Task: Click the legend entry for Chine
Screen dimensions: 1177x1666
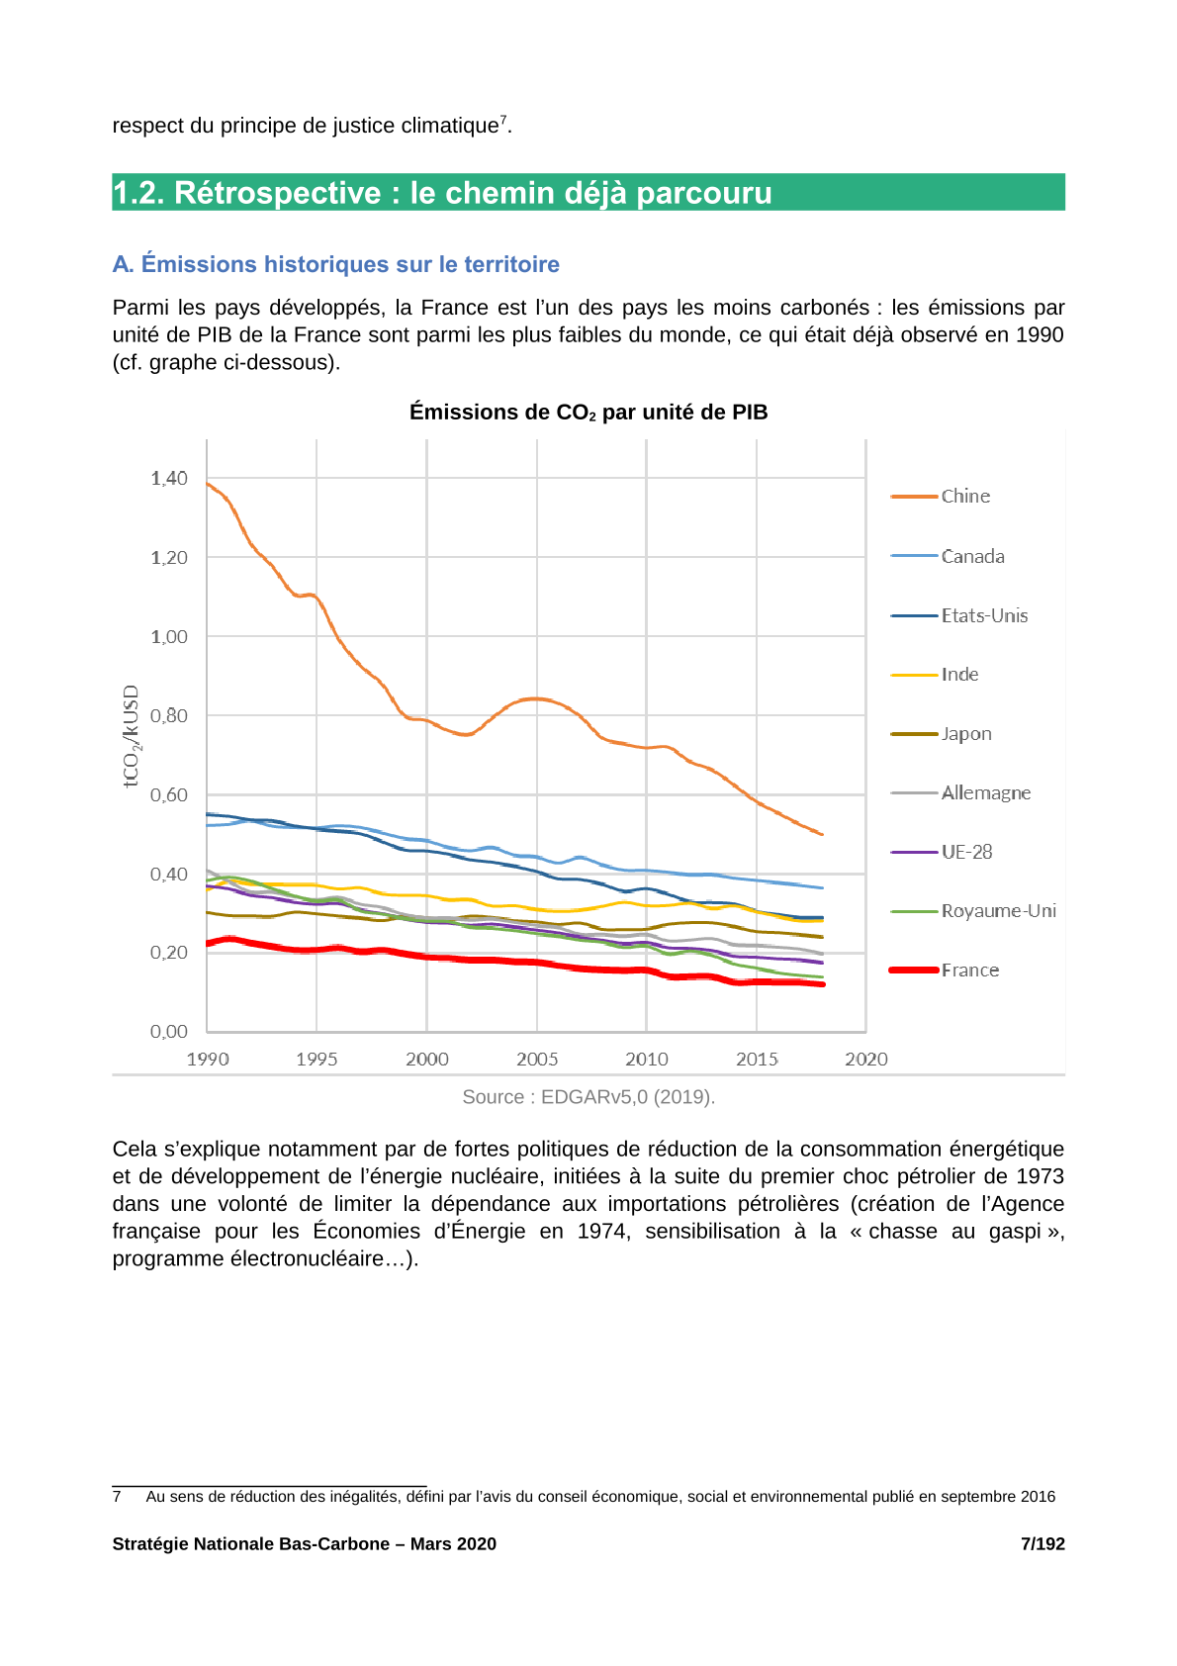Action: pyautogui.click(x=940, y=496)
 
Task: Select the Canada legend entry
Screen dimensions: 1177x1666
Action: pyautogui.click(x=948, y=556)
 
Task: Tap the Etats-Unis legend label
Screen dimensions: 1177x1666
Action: pyautogui.click(x=984, y=615)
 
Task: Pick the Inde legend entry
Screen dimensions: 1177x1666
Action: pyautogui.click(x=934, y=675)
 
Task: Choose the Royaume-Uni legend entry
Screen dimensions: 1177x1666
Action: pyautogui.click(x=972, y=911)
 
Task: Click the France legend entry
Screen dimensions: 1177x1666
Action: pyautogui.click(x=945, y=970)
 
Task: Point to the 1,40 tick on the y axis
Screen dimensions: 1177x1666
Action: pyautogui.click(x=169, y=478)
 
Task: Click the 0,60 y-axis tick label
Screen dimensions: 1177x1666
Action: pyautogui.click(x=169, y=795)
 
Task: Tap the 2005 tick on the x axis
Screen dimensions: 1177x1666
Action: pyautogui.click(x=537, y=1060)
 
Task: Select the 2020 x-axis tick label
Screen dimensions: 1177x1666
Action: pyautogui.click(x=866, y=1060)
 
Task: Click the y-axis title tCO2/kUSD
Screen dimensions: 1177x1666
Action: pyautogui.click(x=131, y=736)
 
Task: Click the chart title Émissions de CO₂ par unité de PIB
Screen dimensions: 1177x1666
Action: pyautogui.click(x=588, y=412)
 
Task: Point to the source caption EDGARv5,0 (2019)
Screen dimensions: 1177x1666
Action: pyautogui.click(x=627, y=1097)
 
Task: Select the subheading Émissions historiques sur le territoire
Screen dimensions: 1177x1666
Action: pyautogui.click(x=350, y=264)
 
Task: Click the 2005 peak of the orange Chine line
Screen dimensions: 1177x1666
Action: pyautogui.click(x=536, y=698)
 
